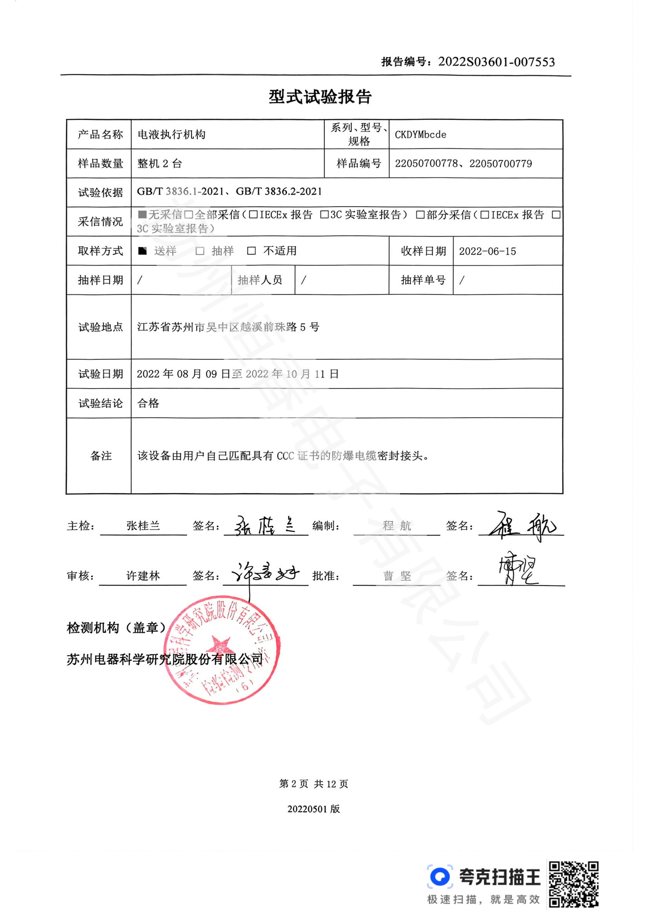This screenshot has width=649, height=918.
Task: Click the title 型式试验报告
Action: pyautogui.click(x=320, y=97)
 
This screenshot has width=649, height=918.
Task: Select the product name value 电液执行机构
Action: pyautogui.click(x=171, y=135)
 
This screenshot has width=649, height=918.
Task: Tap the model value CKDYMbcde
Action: pyautogui.click(x=420, y=135)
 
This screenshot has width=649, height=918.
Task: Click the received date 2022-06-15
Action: pyautogui.click(x=487, y=252)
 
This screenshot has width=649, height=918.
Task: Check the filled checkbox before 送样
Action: pyautogui.click(x=142, y=251)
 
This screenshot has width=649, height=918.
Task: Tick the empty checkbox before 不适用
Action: pyautogui.click(x=252, y=251)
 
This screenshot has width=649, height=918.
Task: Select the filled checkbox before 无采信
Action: pyautogui.click(x=142, y=215)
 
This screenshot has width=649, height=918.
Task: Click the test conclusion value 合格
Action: pyautogui.click(x=148, y=403)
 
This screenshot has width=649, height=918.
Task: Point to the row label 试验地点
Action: pyautogui.click(x=100, y=327)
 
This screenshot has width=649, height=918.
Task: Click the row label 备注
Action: pyautogui.click(x=101, y=456)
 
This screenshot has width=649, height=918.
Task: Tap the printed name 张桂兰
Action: pyautogui.click(x=143, y=526)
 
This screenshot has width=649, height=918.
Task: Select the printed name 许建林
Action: pyautogui.click(x=143, y=576)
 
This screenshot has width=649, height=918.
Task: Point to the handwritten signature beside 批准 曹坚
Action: pyautogui.click(x=518, y=572)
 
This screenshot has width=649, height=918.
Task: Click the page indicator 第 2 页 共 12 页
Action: pyautogui.click(x=314, y=784)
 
